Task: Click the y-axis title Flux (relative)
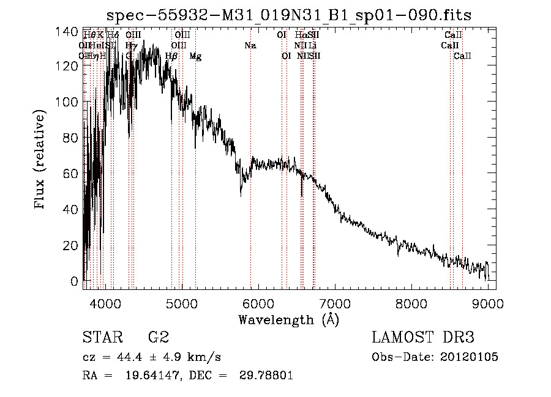pyautogui.click(x=41, y=160)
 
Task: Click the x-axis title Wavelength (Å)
pyautogui.click(x=288, y=319)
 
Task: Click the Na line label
pyautogui.click(x=250, y=46)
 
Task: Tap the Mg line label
pyautogui.click(x=195, y=56)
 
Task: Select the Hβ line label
pyautogui.click(x=172, y=56)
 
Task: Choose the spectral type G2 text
pyautogui.click(x=158, y=338)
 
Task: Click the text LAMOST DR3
pyautogui.click(x=423, y=338)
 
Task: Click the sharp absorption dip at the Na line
pyautogui.click(x=241, y=193)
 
